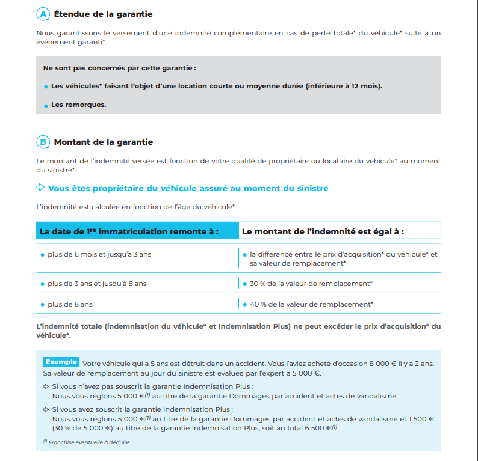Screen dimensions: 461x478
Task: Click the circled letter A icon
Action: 43,13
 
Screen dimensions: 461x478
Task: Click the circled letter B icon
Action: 43,142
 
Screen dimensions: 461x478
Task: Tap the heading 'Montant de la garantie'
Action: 104,142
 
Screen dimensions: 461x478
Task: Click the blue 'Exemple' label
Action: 61,362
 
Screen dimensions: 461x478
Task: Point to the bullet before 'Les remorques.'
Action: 46,105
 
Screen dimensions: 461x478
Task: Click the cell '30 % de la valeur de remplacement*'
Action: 311,284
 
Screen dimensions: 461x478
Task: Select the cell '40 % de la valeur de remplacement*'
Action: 311,304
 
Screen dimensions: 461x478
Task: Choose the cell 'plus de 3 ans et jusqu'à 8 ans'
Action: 97,284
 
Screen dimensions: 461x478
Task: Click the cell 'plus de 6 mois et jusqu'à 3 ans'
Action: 99,254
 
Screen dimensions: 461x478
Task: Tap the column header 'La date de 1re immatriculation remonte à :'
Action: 129,231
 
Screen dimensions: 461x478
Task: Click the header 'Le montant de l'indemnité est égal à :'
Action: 323,231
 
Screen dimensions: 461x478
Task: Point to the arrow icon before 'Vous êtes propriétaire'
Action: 41,188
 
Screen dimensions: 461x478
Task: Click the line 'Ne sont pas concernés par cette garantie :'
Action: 119,68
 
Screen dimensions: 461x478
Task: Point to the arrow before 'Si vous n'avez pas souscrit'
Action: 46,386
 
